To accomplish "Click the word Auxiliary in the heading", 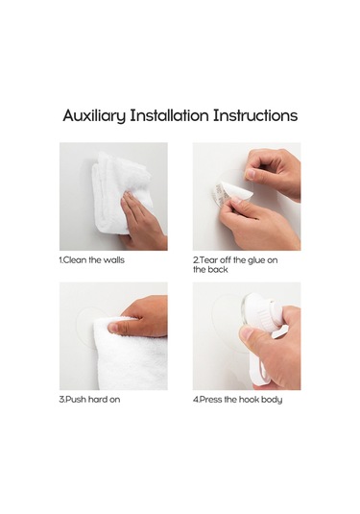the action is click(94, 116).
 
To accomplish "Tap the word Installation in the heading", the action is click(169, 115).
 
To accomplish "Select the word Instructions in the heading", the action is click(255, 115).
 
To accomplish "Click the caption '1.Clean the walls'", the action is click(92, 260).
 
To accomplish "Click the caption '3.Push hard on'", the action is click(89, 400).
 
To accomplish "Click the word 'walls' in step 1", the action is click(113, 260).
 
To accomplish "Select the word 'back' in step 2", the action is click(218, 270).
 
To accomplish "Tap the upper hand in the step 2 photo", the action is click(273, 172).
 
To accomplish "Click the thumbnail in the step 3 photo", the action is click(113, 328).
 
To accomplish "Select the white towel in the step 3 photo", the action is click(130, 354).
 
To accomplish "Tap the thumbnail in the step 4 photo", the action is click(246, 333).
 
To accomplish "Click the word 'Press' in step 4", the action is click(211, 400).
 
